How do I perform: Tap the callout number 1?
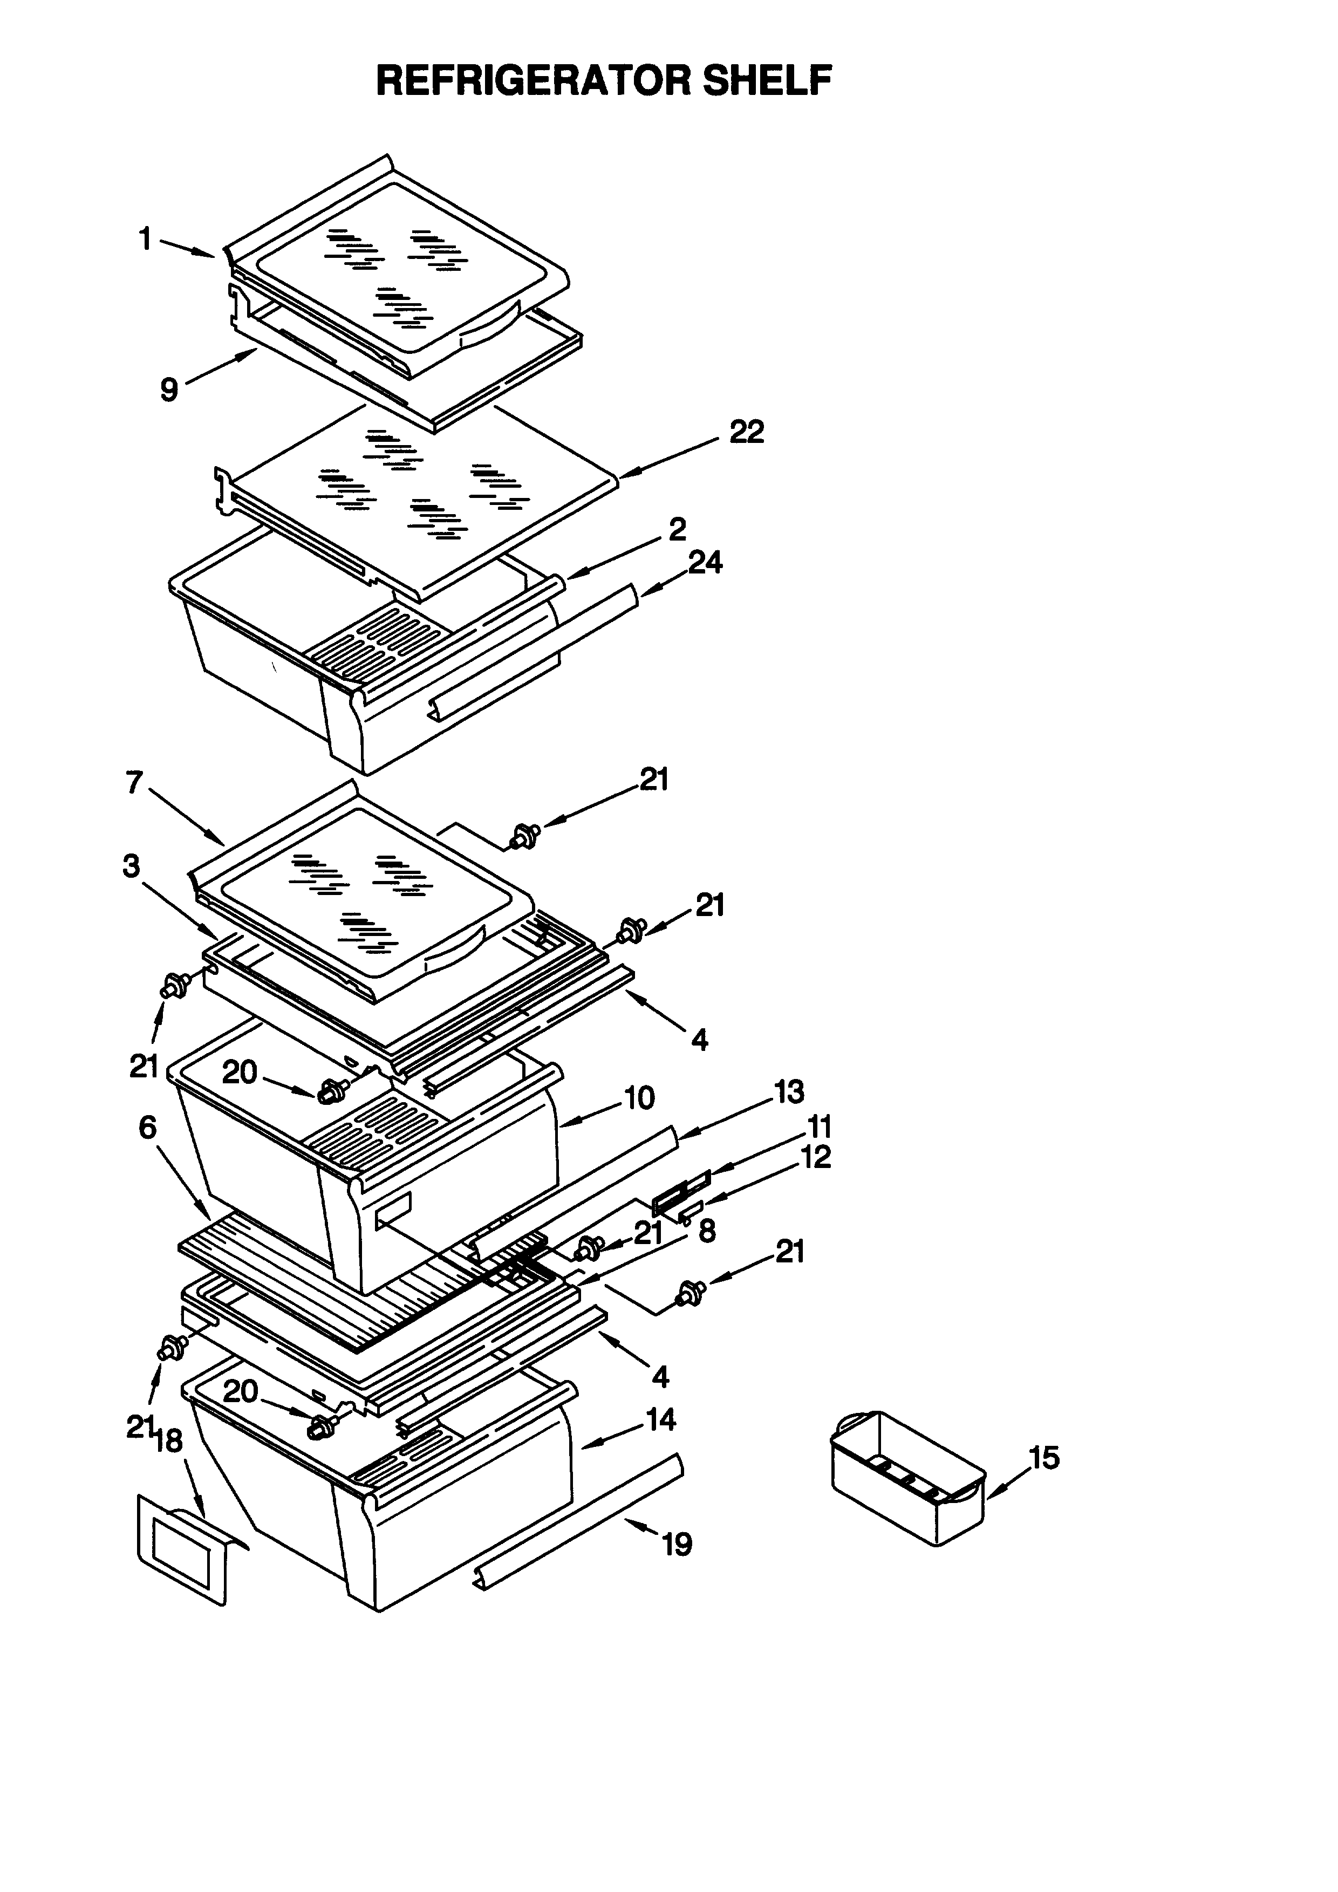[145, 239]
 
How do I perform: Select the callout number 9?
[169, 389]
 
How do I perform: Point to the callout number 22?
[747, 432]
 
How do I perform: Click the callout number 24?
[705, 563]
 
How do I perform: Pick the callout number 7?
[134, 782]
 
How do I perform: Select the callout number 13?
[788, 1092]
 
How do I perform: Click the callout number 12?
[816, 1158]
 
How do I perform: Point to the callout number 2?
[677, 529]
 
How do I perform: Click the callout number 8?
[706, 1231]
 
